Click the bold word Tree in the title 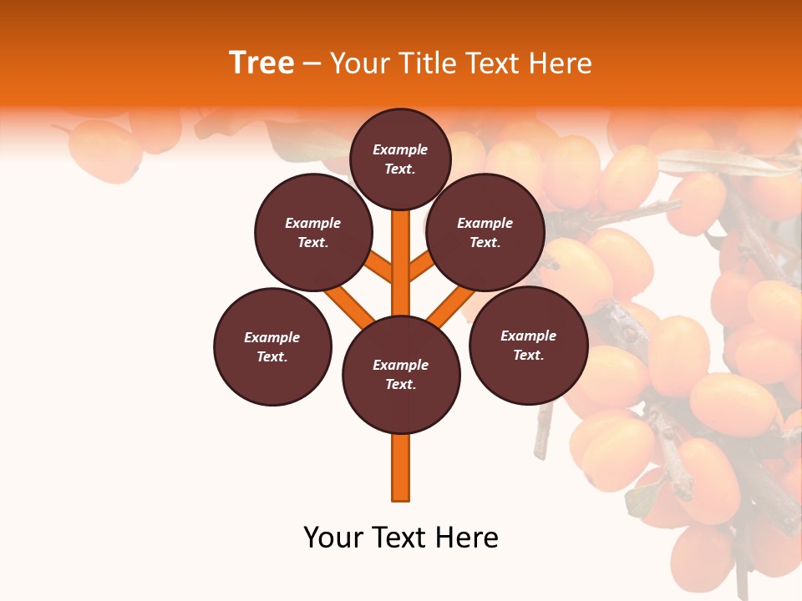261,63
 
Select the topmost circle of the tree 400,159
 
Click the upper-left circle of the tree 313,232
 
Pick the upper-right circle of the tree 485,232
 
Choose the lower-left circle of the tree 272,346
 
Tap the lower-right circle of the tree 529,345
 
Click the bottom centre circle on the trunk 401,374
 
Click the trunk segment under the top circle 401,250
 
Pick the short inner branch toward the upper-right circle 421,265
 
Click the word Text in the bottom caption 400,538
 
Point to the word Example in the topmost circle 400,149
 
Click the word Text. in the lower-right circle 528,355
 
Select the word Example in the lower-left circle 272,337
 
